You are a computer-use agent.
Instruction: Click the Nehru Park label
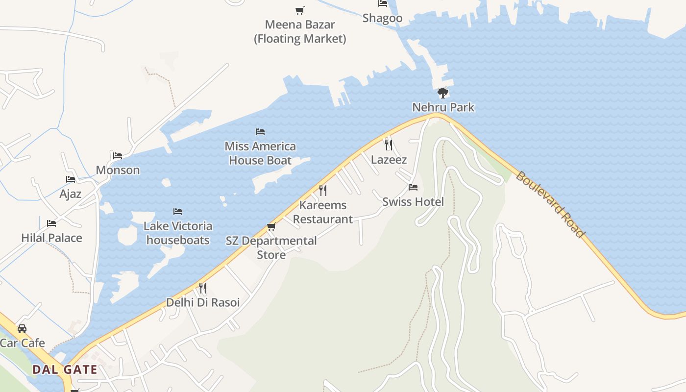coord(443,107)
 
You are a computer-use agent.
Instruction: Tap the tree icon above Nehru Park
coord(442,93)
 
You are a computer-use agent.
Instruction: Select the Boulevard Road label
coord(550,204)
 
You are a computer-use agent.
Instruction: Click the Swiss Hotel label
coord(413,202)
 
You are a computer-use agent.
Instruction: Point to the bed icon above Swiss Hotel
coord(413,187)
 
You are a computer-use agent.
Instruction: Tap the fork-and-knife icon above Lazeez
coord(389,145)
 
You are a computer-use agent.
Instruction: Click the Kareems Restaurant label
coord(323,212)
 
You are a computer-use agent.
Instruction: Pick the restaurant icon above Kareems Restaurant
coord(323,190)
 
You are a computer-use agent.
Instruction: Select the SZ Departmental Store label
coord(271,247)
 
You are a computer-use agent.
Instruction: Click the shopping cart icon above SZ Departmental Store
coord(271,226)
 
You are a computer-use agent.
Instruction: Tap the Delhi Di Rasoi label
coord(203,302)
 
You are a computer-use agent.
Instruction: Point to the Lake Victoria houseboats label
coord(178,233)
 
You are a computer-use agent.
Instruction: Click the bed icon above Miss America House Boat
coord(260,132)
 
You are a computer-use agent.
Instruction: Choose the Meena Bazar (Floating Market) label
coord(300,31)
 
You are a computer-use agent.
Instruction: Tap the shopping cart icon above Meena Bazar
coord(299,10)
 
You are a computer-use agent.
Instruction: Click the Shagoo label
coord(382,18)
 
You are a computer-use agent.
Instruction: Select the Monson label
coord(118,170)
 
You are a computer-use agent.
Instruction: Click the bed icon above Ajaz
coord(71,179)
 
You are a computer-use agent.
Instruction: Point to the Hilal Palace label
coord(51,238)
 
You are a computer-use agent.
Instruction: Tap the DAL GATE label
coord(65,369)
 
